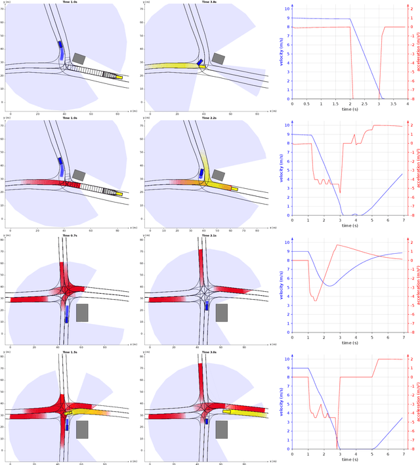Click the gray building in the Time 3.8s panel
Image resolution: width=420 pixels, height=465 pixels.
tap(218, 59)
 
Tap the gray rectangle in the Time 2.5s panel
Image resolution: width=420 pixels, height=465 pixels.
tap(222, 312)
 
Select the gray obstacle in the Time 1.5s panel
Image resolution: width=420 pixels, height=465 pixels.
tap(82, 430)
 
